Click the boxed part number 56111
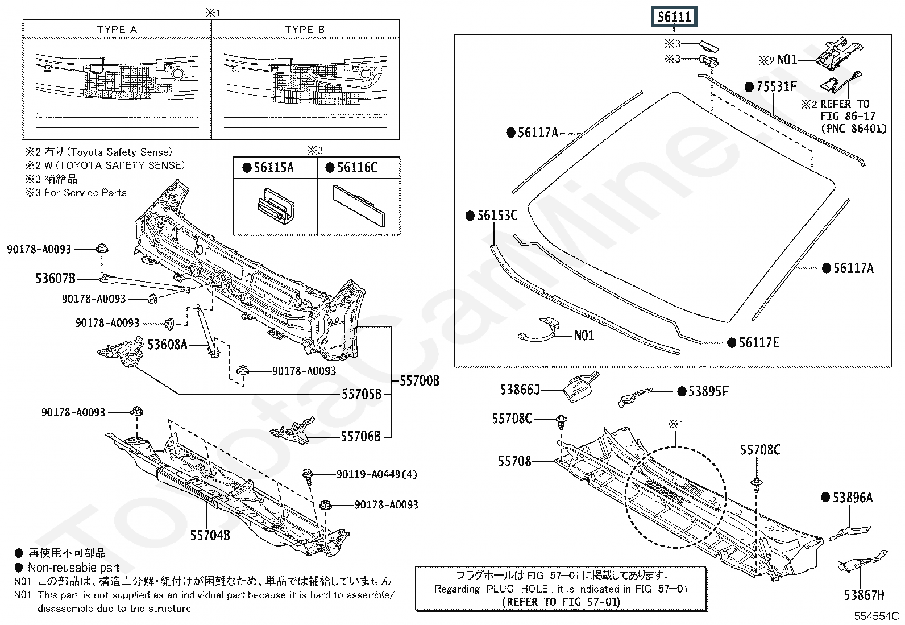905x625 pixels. tap(674, 17)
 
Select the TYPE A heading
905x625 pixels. tap(117, 30)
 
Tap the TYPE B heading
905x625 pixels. tap(305, 30)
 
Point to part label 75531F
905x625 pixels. tap(777, 86)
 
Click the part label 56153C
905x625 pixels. tap(497, 216)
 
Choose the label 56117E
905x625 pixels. tap(758, 342)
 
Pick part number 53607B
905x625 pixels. tap(55, 279)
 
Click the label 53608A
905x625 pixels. tap(167, 345)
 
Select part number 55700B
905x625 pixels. tap(420, 381)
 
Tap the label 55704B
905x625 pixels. tap(210, 535)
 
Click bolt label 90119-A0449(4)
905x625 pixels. tap(376, 474)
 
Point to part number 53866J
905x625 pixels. tap(520, 390)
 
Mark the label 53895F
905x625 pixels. tap(708, 391)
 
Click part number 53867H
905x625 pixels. tap(864, 595)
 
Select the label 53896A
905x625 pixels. tap(852, 498)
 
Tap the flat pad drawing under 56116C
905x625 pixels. tap(359, 206)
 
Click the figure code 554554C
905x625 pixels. tap(876, 616)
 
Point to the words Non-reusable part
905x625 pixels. tap(74, 568)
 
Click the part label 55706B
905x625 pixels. tap(360, 436)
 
